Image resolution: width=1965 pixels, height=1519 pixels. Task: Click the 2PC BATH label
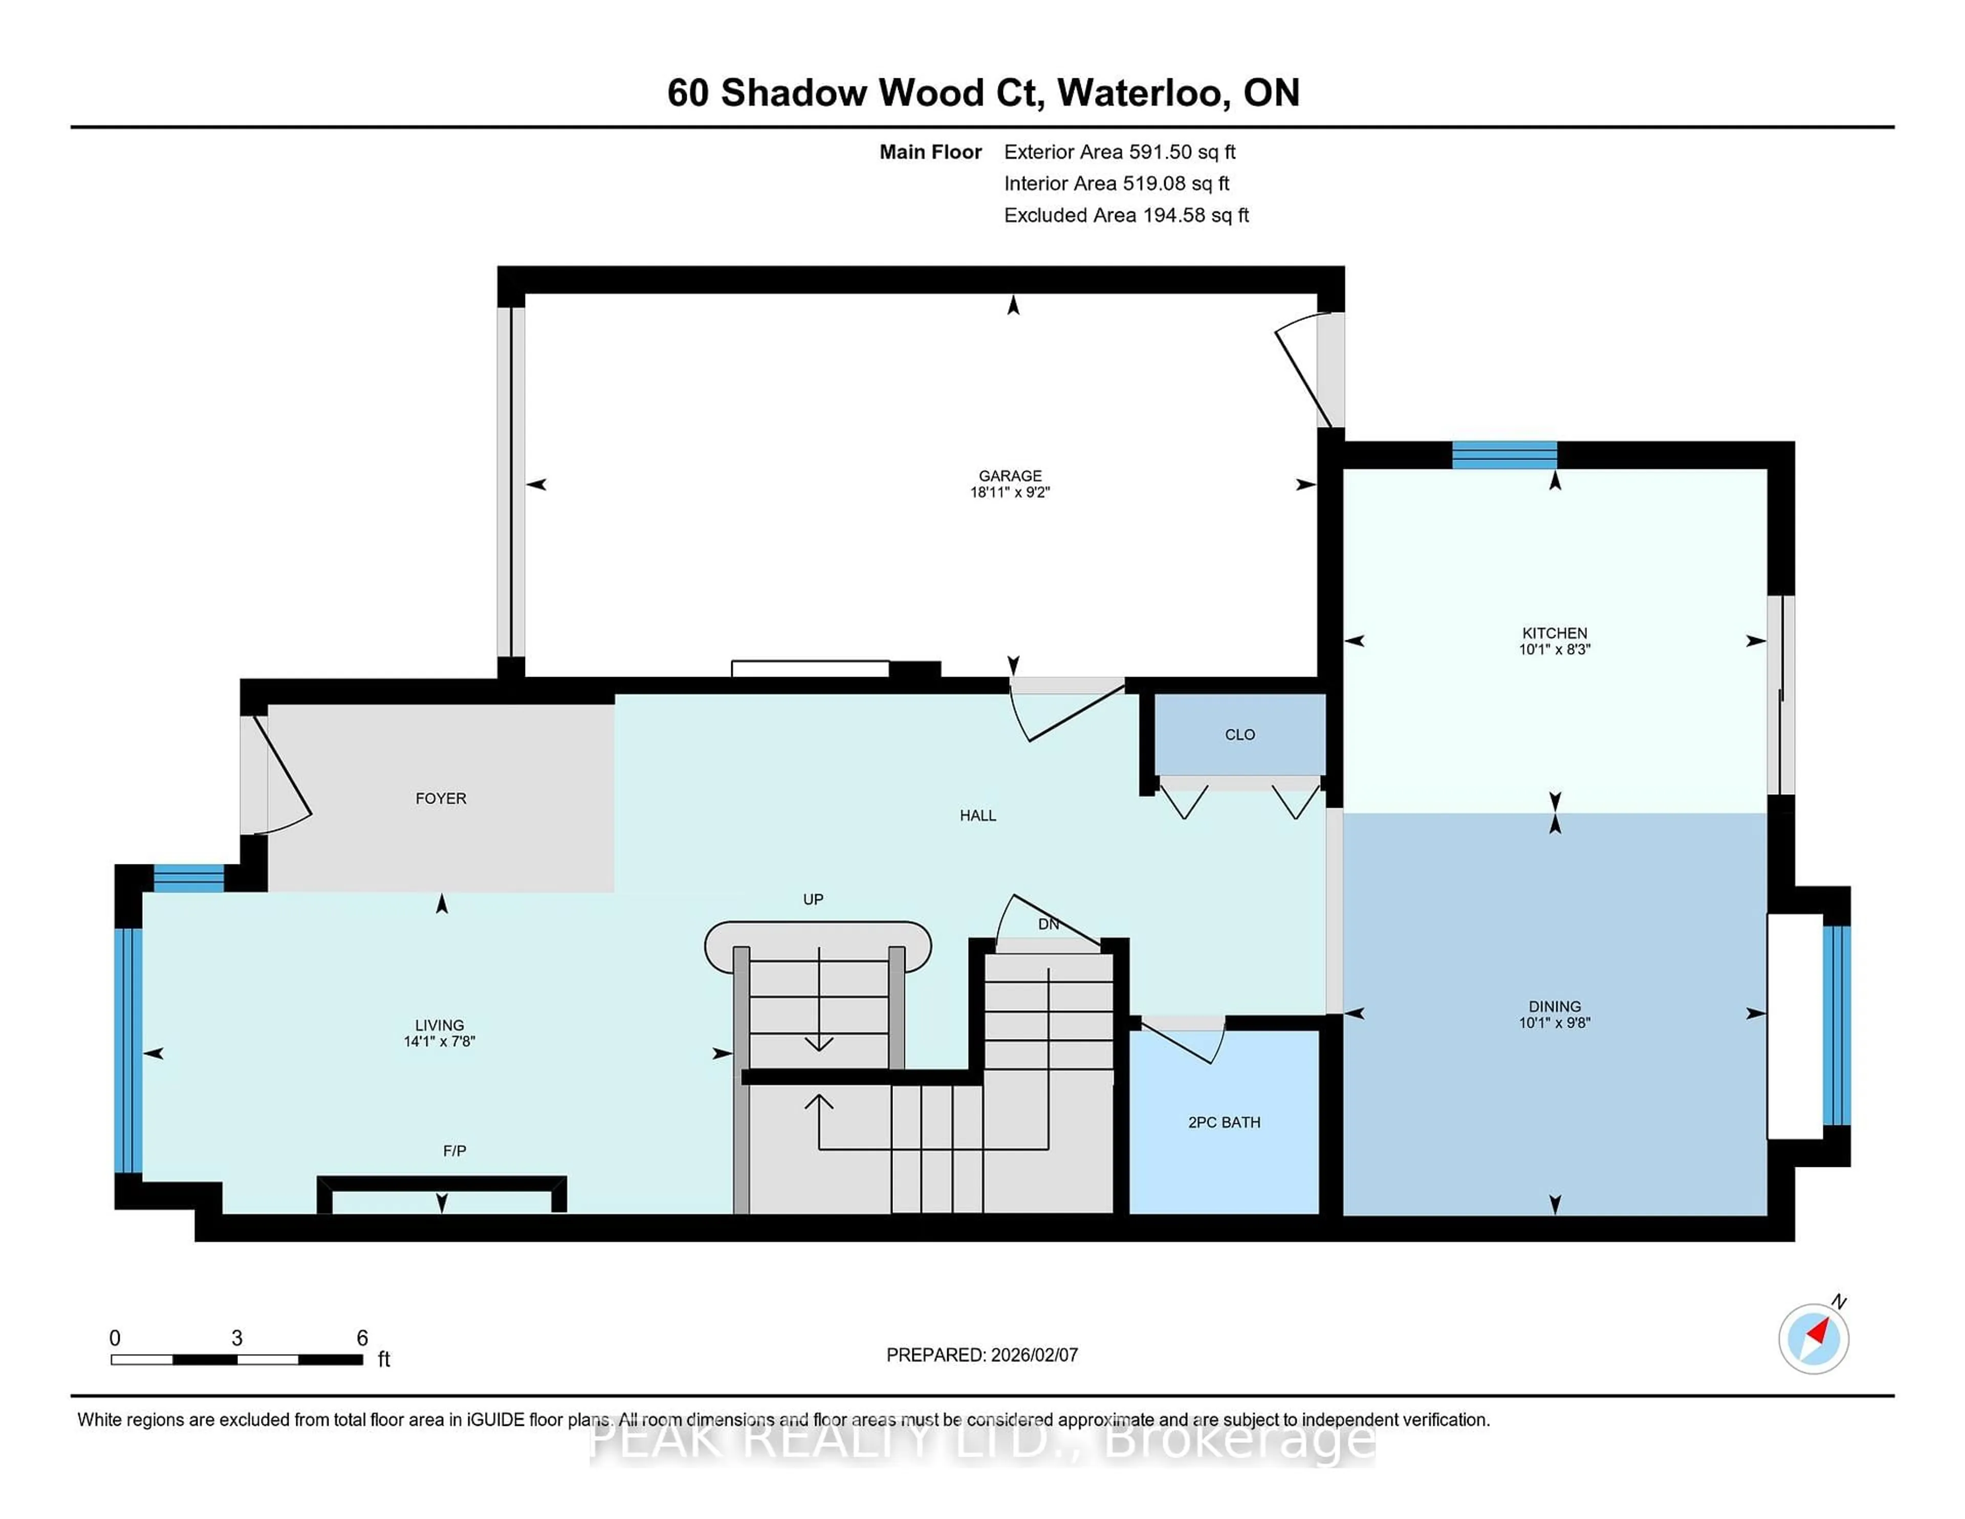1224,1122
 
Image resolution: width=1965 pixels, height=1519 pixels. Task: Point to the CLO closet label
1239,734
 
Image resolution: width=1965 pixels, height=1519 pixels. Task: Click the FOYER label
441,798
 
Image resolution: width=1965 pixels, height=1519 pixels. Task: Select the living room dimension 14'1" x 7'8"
439,1041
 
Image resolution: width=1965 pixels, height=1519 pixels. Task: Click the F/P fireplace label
454,1150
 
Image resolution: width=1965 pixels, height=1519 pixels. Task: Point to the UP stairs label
813,899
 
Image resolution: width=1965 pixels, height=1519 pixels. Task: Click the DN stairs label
1048,924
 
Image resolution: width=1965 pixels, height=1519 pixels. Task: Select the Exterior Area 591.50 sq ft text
1119,152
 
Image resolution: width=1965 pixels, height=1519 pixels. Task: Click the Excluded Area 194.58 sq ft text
1126,215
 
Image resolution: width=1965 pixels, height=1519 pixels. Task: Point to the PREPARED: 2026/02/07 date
981,1354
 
